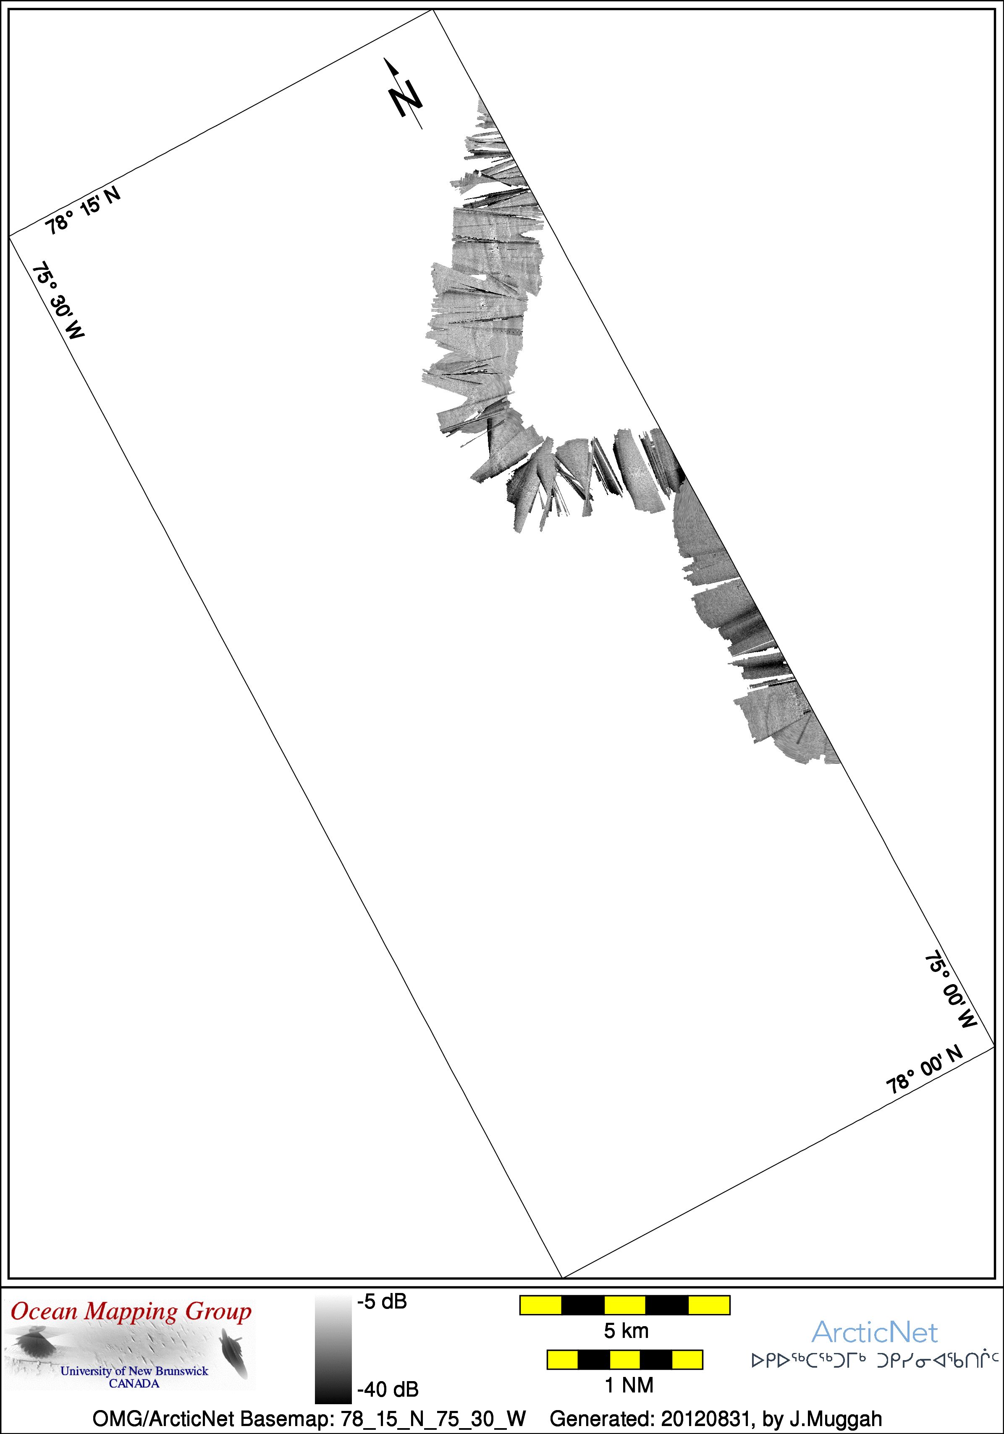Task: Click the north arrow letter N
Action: [x=405, y=98]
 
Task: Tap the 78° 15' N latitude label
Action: [x=82, y=211]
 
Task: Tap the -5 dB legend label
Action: [x=382, y=1301]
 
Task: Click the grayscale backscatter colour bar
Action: [x=333, y=1349]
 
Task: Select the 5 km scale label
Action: [x=626, y=1331]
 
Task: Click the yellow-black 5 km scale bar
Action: [x=625, y=1305]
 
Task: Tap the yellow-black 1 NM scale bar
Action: [x=625, y=1360]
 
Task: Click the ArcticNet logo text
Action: [x=875, y=1332]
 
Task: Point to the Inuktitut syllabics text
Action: [x=875, y=1360]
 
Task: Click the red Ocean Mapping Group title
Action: [x=131, y=1311]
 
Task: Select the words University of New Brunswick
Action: [x=134, y=1371]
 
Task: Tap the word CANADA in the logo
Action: [x=134, y=1383]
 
